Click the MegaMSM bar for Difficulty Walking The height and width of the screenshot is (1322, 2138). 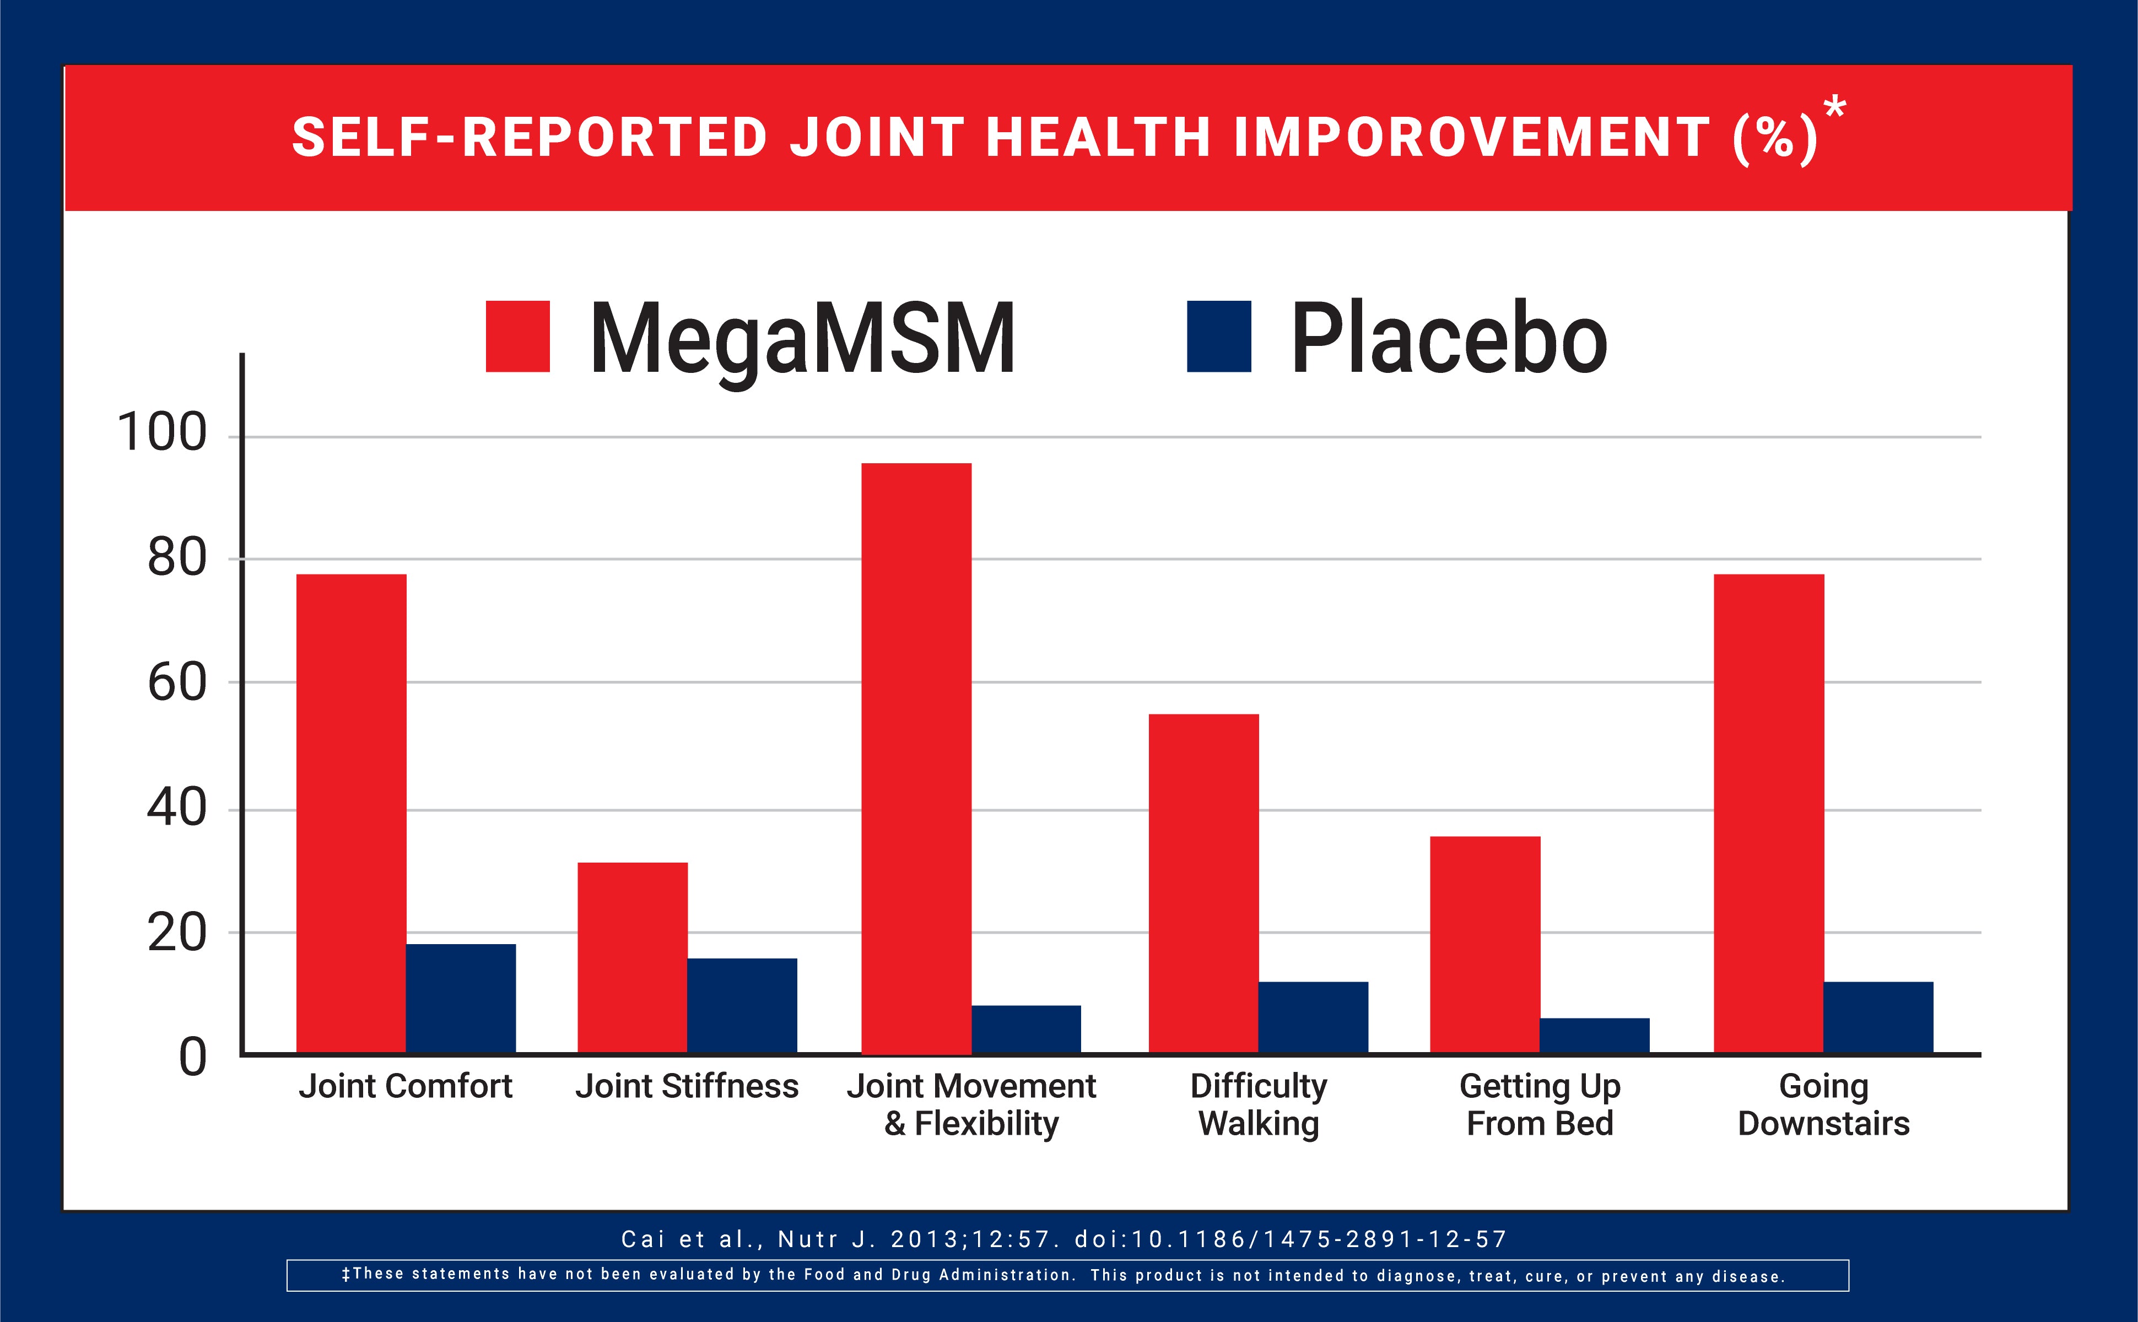(x=1203, y=883)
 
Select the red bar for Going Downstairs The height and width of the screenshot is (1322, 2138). (x=1768, y=813)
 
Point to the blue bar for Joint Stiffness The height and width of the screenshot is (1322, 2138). (x=742, y=1005)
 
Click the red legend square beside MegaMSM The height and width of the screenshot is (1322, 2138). (x=517, y=337)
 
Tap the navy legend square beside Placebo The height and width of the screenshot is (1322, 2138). (x=1218, y=337)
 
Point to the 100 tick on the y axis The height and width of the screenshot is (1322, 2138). (x=162, y=433)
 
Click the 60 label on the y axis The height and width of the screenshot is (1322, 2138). (x=177, y=684)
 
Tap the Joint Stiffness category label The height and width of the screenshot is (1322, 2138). (x=687, y=1086)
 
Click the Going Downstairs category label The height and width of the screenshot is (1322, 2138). (x=1823, y=1104)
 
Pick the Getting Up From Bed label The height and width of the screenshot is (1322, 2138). (x=1540, y=1104)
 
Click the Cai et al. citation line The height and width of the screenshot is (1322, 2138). (x=1064, y=1239)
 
